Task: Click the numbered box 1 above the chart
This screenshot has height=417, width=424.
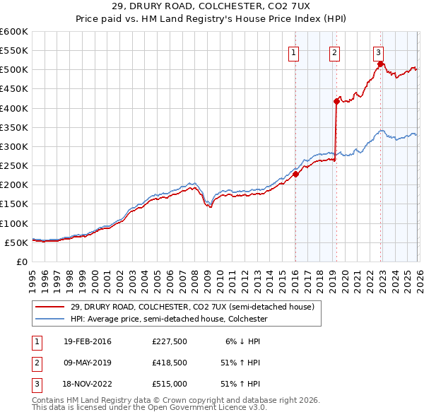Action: click(293, 52)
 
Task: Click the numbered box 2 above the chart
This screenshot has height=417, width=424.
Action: click(334, 52)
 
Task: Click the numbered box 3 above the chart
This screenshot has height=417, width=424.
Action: click(379, 52)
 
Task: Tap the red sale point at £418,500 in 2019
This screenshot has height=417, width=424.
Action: click(336, 101)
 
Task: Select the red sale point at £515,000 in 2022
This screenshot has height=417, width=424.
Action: click(380, 64)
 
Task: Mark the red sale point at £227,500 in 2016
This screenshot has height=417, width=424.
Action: click(296, 175)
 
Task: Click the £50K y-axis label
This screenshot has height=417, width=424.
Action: click(16, 242)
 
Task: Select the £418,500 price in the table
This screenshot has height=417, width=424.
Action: click(168, 363)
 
